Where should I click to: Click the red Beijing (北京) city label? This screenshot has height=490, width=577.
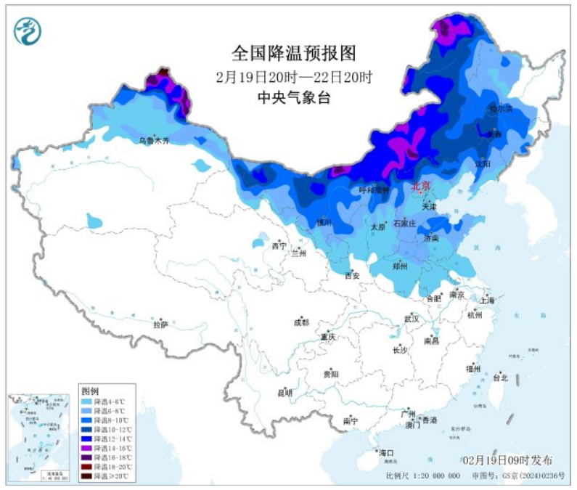pos(421,186)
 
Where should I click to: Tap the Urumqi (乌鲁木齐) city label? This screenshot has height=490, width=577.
pos(154,140)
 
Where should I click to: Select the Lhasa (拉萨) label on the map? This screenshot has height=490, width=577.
pos(160,324)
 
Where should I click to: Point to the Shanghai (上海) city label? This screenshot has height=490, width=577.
pos(486,300)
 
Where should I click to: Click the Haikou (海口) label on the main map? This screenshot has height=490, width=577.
pos(385,453)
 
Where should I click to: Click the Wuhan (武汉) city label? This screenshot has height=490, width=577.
pos(412,319)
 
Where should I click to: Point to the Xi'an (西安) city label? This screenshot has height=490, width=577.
pos(352,275)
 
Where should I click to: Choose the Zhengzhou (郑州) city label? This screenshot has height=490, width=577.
pos(400,266)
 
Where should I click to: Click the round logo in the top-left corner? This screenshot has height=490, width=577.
pos(28,30)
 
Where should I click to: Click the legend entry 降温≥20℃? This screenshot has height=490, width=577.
pos(106,475)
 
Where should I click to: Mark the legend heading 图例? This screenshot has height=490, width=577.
pos(89,391)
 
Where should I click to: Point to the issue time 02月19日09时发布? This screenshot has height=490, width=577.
pos(507,460)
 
